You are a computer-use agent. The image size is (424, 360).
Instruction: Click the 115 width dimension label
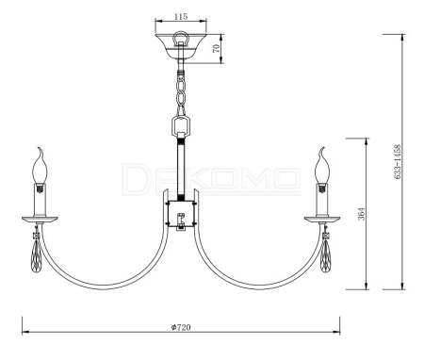[181, 16]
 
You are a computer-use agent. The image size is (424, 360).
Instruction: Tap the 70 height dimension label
[216, 49]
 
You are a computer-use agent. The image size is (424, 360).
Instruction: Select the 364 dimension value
[362, 214]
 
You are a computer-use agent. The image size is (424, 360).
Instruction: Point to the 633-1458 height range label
[398, 162]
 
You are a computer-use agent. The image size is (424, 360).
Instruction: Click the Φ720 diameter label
[181, 327]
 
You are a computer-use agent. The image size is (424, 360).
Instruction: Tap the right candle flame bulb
[322, 166]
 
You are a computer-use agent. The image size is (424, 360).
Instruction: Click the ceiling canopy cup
[181, 46]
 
